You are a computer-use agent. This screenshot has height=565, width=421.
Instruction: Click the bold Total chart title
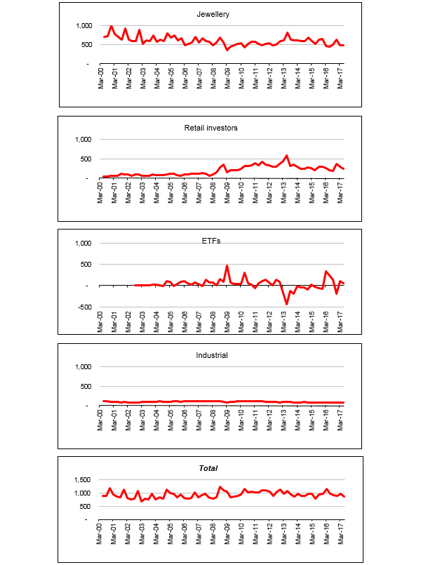208,468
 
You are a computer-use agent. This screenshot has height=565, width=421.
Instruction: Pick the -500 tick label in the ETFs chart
85,307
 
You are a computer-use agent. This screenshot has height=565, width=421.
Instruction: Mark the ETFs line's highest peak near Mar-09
227,266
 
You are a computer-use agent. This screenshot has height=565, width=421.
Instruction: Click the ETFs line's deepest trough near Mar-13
286,304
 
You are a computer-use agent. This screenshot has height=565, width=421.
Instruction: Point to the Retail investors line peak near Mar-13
286,156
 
